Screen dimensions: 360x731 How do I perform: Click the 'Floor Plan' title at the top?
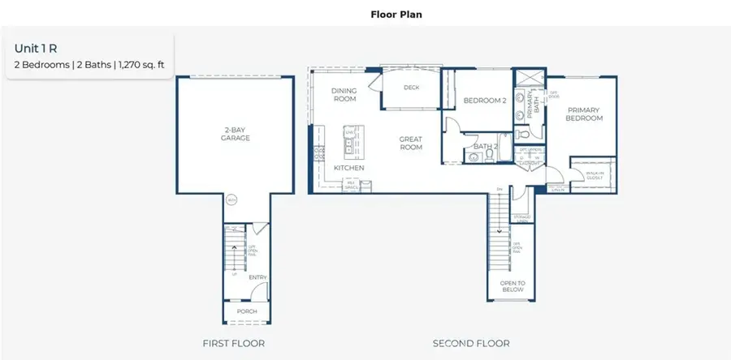pyautogui.click(x=396, y=14)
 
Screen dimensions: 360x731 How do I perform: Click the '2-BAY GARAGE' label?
pyautogui.click(x=236, y=134)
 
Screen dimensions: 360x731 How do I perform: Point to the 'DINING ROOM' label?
pyautogui.click(x=344, y=95)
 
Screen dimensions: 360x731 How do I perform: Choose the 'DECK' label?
pyautogui.click(x=411, y=88)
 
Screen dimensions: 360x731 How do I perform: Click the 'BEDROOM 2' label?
pyautogui.click(x=484, y=101)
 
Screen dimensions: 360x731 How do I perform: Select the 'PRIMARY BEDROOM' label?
pyautogui.click(x=585, y=114)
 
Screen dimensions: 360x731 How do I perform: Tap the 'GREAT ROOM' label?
pyautogui.click(x=411, y=144)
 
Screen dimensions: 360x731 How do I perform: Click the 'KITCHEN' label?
pyautogui.click(x=348, y=168)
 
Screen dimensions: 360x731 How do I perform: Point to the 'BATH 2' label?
pyautogui.click(x=486, y=146)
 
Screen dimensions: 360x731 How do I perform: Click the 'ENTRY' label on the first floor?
pyautogui.click(x=258, y=278)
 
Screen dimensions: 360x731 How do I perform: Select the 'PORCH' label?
pyautogui.click(x=246, y=311)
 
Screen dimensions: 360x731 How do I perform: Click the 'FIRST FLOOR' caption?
pyautogui.click(x=233, y=344)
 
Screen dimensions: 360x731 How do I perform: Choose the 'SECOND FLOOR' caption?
pyautogui.click(x=470, y=344)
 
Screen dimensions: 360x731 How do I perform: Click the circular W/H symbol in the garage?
pyautogui.click(x=231, y=200)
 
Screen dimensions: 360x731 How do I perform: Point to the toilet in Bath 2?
pyautogui.click(x=473, y=159)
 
